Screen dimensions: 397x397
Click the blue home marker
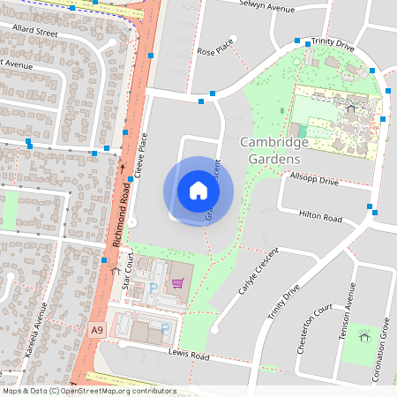pyautogui.click(x=198, y=191)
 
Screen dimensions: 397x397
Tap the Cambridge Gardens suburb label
pyautogui.click(x=274, y=151)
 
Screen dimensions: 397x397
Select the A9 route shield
pyautogui.click(x=97, y=329)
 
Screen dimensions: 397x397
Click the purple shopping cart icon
pyautogui.click(x=178, y=283)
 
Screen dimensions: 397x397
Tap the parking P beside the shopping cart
pyautogui.click(x=154, y=288)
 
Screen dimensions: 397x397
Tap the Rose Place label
pyautogui.click(x=216, y=51)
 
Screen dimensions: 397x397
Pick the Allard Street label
pyautogui.click(x=35, y=34)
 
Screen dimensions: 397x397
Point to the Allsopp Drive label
pyautogui.click(x=314, y=179)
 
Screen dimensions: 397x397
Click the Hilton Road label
pyautogui.click(x=320, y=216)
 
